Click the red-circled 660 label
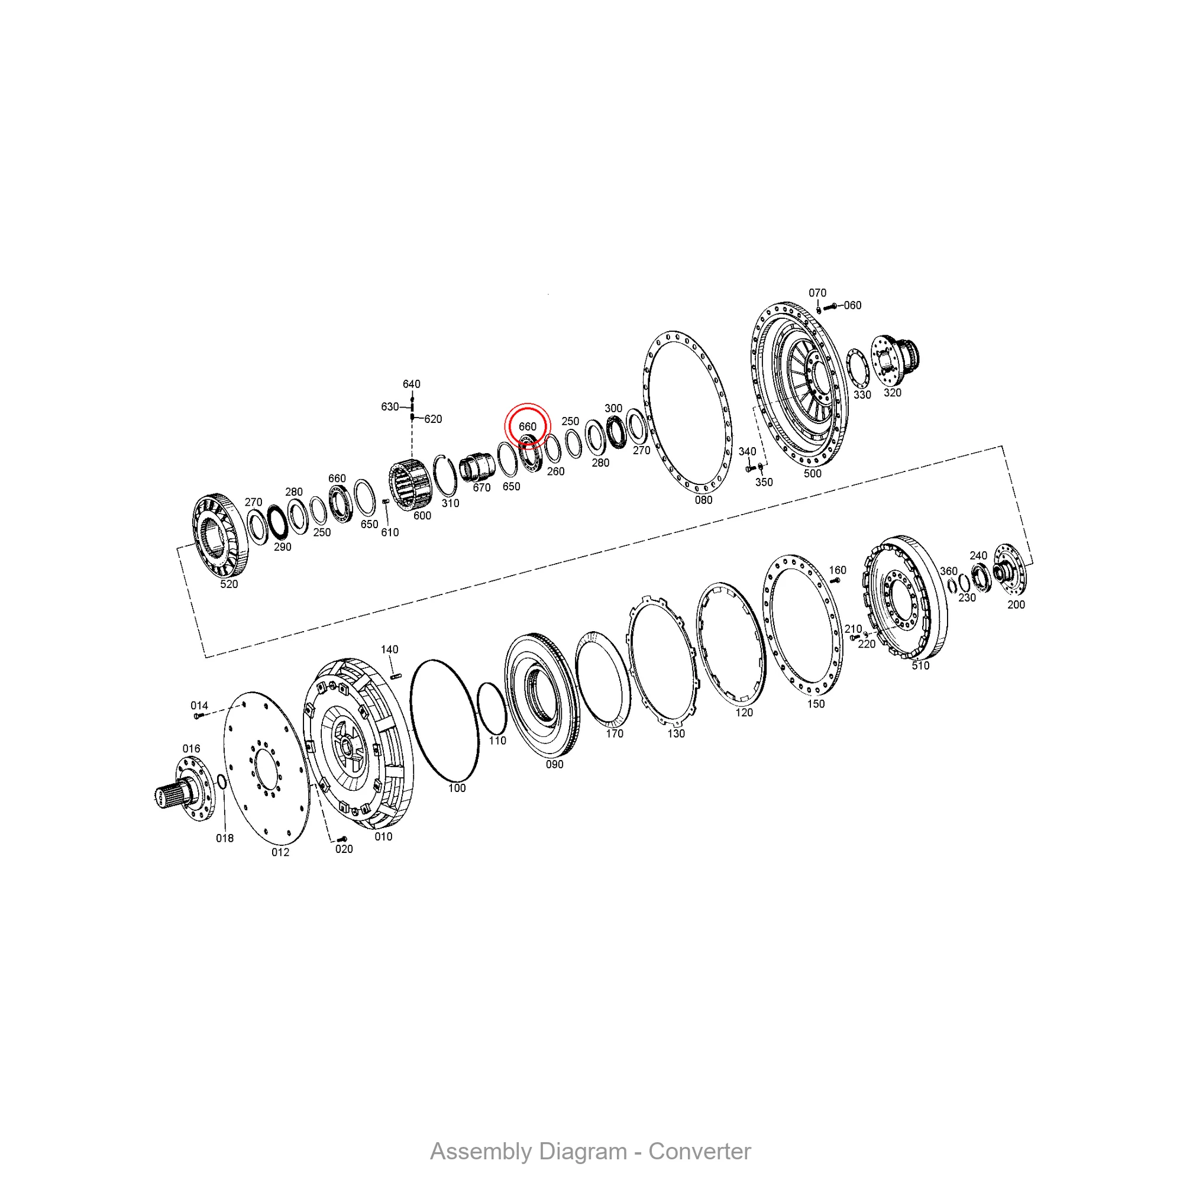[x=527, y=426]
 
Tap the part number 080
[x=703, y=500]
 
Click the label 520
[x=229, y=584]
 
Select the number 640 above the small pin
[x=412, y=384]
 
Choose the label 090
[x=555, y=764]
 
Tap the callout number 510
[x=920, y=665]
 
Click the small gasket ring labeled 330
[x=848, y=367]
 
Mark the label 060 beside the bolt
[x=852, y=305]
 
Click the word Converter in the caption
[x=699, y=1151]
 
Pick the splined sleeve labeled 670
[x=477, y=467]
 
